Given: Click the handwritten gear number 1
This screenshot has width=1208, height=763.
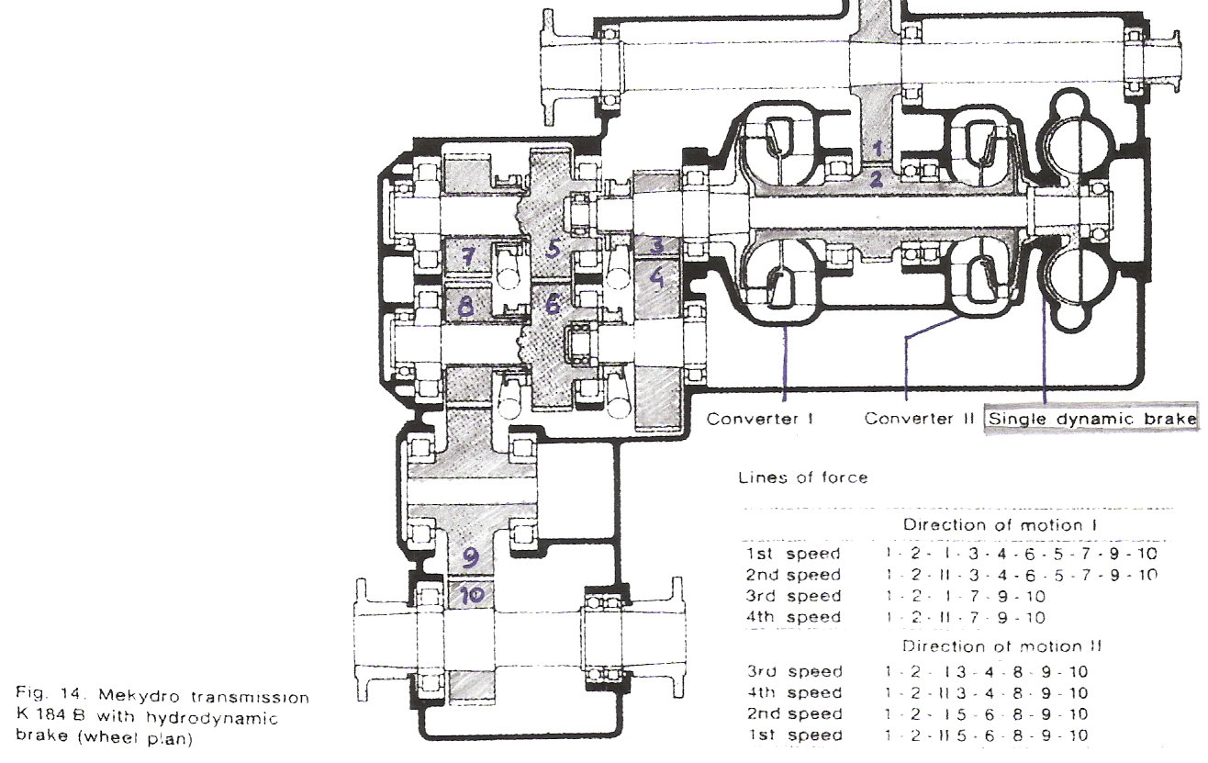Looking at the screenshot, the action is pyautogui.click(x=878, y=147).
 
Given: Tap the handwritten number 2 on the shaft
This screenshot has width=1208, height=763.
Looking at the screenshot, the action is pyautogui.click(x=877, y=179).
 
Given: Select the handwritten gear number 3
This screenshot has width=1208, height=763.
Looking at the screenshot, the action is pyautogui.click(x=656, y=245).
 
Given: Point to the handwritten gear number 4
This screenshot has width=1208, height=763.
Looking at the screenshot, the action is pyautogui.click(x=656, y=278).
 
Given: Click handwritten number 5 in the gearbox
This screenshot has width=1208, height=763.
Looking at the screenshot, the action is pyautogui.click(x=554, y=250).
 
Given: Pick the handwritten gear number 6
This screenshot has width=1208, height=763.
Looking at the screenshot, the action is pyautogui.click(x=553, y=305).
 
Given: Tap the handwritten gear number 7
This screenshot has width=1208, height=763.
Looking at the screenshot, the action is pyautogui.click(x=467, y=255).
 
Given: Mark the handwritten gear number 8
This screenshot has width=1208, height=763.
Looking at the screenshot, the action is pyautogui.click(x=466, y=307).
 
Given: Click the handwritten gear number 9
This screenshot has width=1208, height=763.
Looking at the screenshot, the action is pyautogui.click(x=470, y=557).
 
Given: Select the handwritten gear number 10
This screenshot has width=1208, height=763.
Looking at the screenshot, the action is pyautogui.click(x=471, y=595).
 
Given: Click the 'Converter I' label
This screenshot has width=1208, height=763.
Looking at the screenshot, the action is pyautogui.click(x=760, y=419).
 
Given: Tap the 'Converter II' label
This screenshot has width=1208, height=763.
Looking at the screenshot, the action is pyautogui.click(x=920, y=418).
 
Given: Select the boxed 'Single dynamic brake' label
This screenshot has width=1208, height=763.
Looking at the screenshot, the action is pyautogui.click(x=1091, y=419).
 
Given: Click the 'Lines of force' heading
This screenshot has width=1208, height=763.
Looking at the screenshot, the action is pyautogui.click(x=803, y=477).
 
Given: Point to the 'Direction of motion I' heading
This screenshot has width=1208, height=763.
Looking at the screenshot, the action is pyautogui.click(x=1000, y=524).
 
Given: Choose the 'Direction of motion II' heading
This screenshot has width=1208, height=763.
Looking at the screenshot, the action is pyautogui.click(x=1002, y=645).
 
